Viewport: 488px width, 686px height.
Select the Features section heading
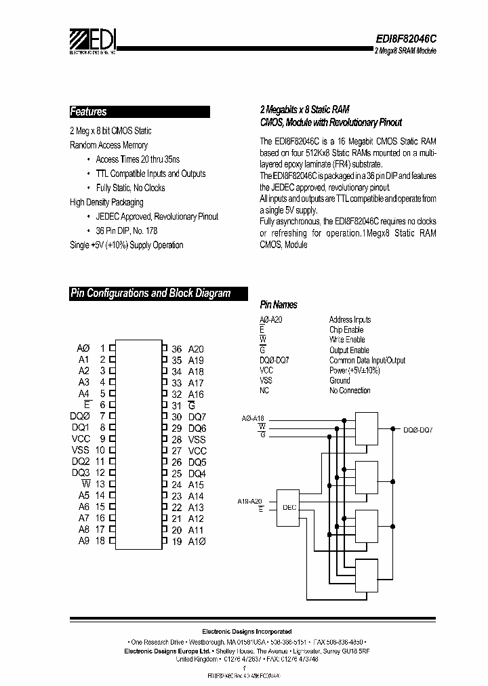click(89, 112)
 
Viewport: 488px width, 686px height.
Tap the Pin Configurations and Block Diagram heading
click(150, 294)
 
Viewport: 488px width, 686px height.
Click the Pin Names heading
click(279, 305)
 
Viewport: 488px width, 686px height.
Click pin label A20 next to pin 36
click(196, 349)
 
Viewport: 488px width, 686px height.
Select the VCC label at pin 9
click(81, 439)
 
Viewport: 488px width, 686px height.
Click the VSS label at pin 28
click(197, 439)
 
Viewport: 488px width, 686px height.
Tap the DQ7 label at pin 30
click(197, 417)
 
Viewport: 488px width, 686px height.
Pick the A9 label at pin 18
click(83, 540)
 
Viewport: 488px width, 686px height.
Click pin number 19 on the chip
click(176, 541)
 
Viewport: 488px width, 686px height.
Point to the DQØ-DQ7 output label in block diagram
click(418, 430)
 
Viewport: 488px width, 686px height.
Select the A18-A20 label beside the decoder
click(249, 501)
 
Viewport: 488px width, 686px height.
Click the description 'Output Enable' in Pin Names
click(349, 350)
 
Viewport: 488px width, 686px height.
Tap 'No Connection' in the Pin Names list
click(350, 390)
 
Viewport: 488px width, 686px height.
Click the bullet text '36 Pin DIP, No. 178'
click(127, 230)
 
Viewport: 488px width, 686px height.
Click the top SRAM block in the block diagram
click(366, 430)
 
